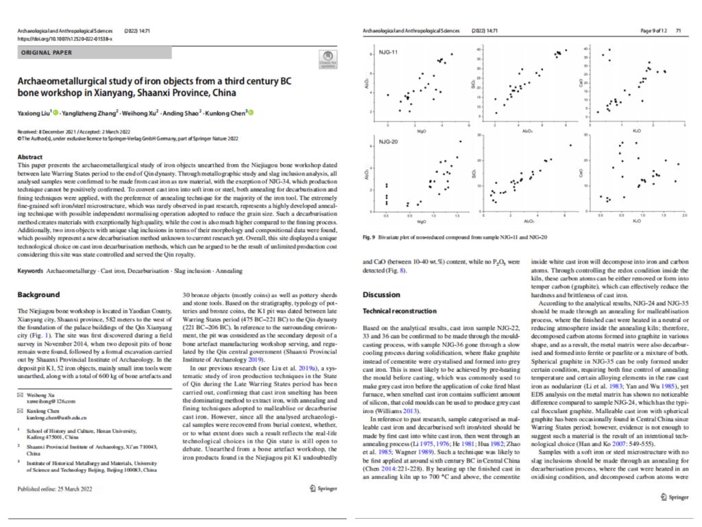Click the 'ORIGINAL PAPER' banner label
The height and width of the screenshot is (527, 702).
click(x=45, y=52)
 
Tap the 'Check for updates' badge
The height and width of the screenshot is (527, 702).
click(x=328, y=59)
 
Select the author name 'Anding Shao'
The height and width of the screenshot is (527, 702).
click(x=185, y=113)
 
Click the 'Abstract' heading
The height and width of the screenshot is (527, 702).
click(x=31, y=157)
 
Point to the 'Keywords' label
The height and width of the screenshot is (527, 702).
click(x=32, y=271)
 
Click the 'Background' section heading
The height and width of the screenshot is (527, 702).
click(x=38, y=295)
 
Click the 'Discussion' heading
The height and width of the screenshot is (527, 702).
click(x=380, y=295)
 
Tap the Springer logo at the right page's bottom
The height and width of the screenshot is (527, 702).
click(x=674, y=497)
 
